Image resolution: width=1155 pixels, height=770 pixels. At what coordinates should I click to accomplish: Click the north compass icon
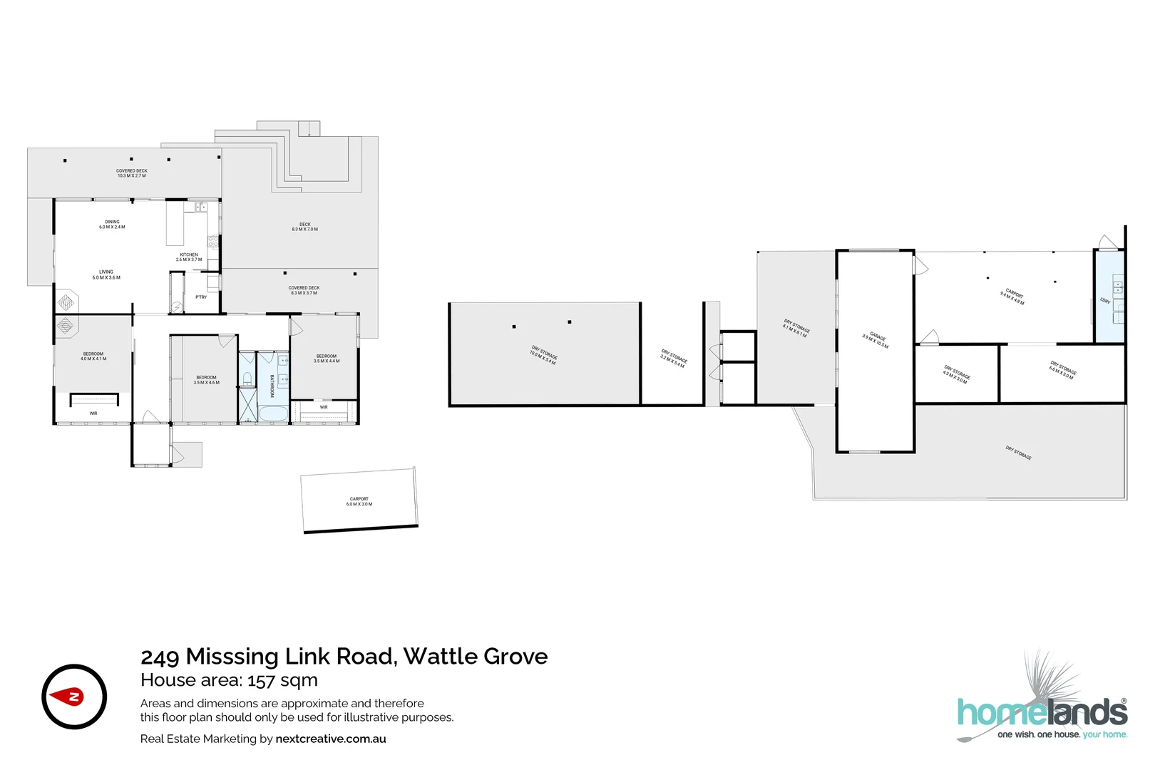click(x=74, y=697)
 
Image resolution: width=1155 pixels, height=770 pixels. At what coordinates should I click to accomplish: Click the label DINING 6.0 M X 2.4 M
click(x=112, y=225)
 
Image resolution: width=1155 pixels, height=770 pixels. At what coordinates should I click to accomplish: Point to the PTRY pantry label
click(x=201, y=297)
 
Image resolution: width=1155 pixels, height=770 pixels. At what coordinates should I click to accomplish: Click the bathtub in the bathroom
click(x=272, y=414)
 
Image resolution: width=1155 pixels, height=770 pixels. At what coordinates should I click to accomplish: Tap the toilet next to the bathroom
click(x=247, y=379)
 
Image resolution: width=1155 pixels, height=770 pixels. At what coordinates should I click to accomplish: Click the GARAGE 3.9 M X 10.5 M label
click(x=876, y=340)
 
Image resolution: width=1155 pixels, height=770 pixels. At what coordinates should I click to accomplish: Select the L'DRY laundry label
click(x=1105, y=301)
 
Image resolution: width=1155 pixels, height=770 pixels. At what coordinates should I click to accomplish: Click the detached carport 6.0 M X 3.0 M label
click(x=359, y=502)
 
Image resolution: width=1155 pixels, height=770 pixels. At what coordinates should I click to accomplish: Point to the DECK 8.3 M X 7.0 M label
click(x=304, y=227)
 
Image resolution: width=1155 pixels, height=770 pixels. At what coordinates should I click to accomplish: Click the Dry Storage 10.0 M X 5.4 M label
click(x=543, y=355)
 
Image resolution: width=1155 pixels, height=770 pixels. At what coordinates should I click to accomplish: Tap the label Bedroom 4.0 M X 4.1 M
click(x=93, y=356)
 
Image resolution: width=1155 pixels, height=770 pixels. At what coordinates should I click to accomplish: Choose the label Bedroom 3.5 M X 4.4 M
click(x=327, y=359)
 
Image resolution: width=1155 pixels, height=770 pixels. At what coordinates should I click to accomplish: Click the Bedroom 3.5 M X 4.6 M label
click(x=206, y=380)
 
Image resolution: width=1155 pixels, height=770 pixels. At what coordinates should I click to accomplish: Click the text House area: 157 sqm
click(x=229, y=680)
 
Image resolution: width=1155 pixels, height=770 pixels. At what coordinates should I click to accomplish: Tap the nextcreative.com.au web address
click(x=331, y=739)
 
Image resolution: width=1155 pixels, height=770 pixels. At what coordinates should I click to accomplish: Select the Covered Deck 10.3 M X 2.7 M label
click(x=132, y=173)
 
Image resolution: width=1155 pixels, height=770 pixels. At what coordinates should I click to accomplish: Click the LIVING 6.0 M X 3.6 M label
click(x=106, y=274)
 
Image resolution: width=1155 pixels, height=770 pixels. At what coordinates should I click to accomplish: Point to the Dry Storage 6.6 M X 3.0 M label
click(x=1062, y=370)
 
